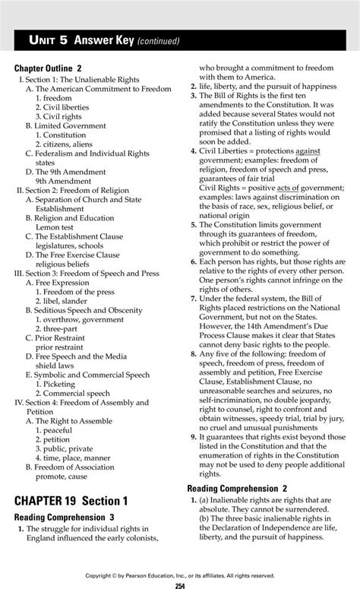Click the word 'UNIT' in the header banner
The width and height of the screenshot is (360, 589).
[x=47, y=40]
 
